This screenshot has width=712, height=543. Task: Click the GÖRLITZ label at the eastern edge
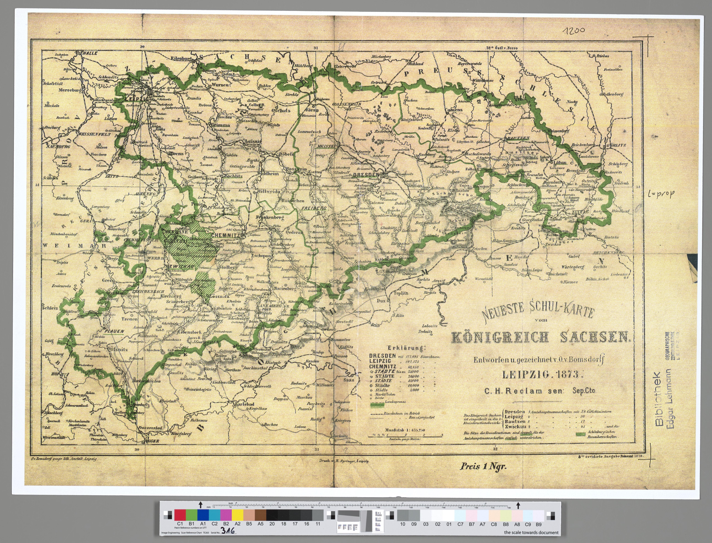[616, 145]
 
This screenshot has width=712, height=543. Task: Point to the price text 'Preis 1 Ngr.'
[483, 466]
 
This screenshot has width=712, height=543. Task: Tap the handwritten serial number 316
[228, 531]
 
